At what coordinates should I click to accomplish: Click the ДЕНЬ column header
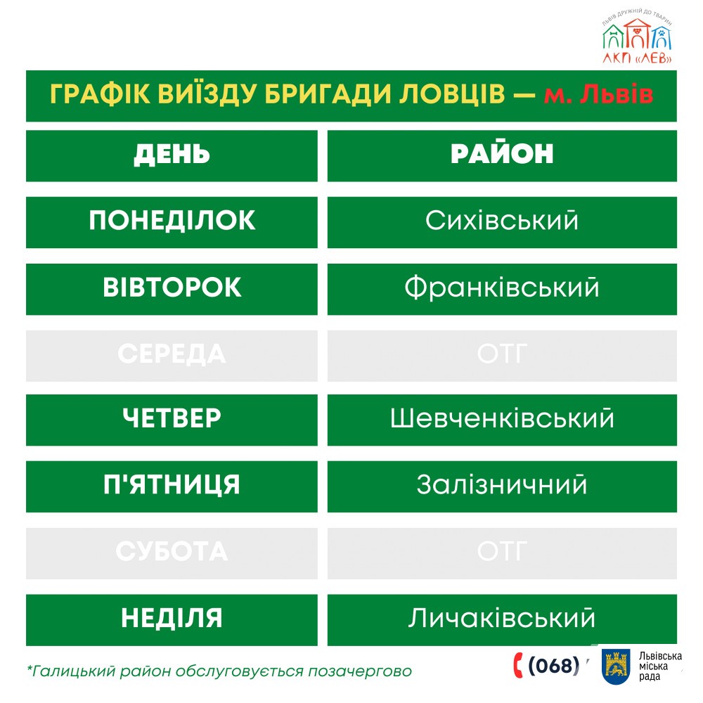tap(172, 155)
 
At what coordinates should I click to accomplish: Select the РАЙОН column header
tap(502, 155)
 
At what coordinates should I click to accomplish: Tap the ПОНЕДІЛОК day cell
tap(172, 221)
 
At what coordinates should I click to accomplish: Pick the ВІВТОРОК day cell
tap(172, 288)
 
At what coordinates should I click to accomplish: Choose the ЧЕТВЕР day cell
tap(172, 420)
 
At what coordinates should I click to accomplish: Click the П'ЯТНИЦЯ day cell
tap(172, 486)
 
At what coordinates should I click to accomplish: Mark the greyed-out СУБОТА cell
tap(172, 553)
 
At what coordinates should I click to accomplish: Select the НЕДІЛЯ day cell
tap(172, 619)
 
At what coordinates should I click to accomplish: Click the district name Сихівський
tap(502, 221)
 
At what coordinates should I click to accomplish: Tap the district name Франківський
tap(502, 288)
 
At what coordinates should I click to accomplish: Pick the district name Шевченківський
tap(502, 420)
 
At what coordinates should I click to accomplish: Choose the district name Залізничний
tap(502, 486)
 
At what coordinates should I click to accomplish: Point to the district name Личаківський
tap(502, 619)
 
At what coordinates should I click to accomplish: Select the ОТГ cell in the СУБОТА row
tap(502, 553)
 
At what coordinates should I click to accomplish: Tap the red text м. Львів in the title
tap(598, 95)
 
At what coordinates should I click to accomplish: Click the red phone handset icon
tap(519, 664)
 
